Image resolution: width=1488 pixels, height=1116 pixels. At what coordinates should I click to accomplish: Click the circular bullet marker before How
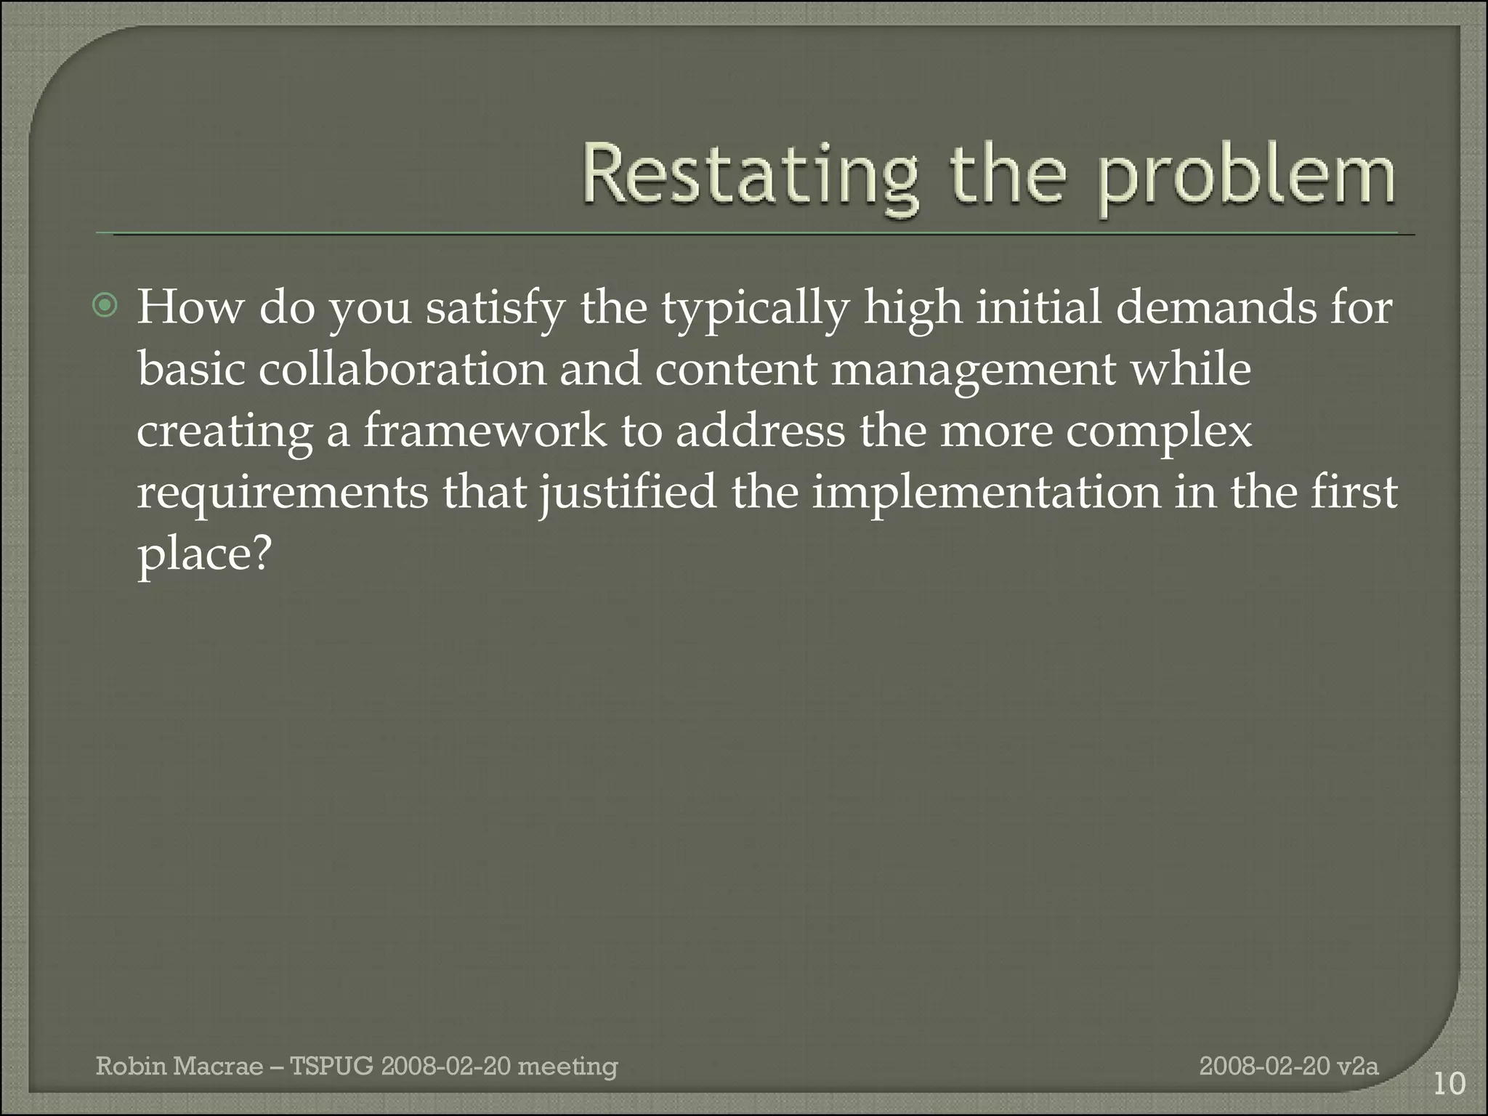point(106,307)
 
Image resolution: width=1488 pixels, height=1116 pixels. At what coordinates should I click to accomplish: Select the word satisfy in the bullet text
point(495,308)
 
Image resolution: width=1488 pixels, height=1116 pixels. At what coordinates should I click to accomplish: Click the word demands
point(1215,307)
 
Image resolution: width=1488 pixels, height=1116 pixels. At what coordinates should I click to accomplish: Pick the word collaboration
point(402,369)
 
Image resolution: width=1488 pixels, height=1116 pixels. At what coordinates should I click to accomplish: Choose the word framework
point(484,430)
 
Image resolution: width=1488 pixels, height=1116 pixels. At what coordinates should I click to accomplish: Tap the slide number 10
point(1449,1084)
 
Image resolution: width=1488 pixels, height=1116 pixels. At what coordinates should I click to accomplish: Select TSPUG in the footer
point(331,1067)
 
